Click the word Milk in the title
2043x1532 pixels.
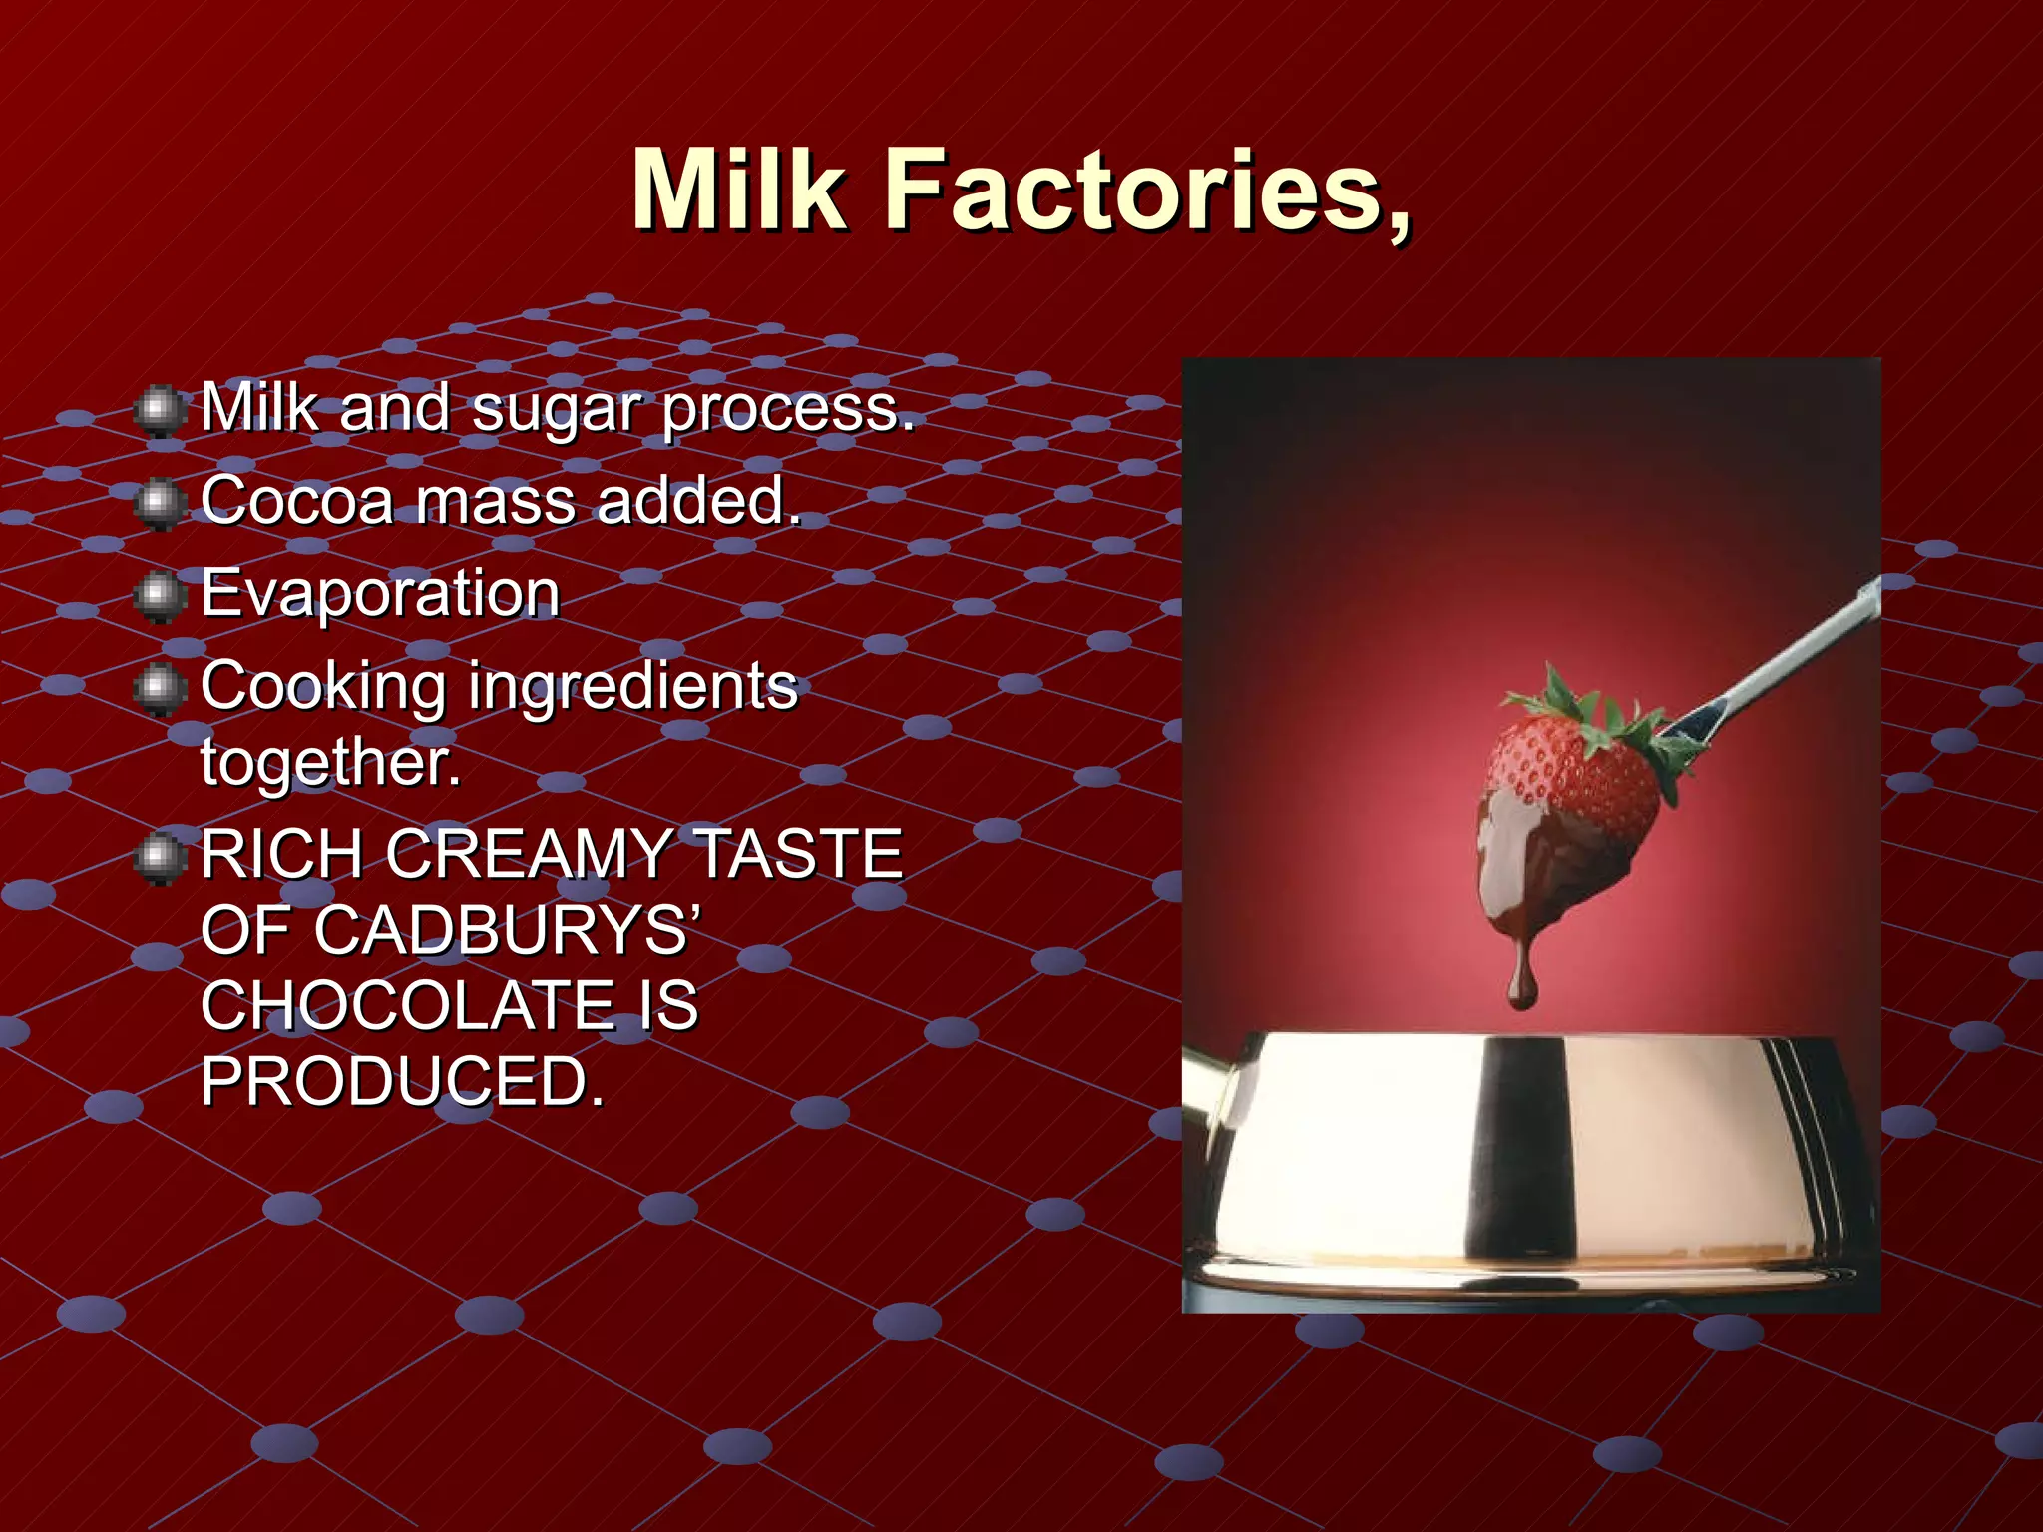pyautogui.click(x=739, y=190)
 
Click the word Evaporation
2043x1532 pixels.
pyautogui.click(x=380, y=593)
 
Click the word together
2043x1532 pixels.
pyautogui.click(x=330, y=762)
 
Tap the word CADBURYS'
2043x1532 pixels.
pyautogui.click(x=509, y=930)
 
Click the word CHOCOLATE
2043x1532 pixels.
pyautogui.click(x=407, y=1005)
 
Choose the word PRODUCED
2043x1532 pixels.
pyautogui.click(x=402, y=1081)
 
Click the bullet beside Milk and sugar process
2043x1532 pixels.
pyautogui.click(x=158, y=411)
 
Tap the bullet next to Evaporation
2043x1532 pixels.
pyautogui.click(x=158, y=595)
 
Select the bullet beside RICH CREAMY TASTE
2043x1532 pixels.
pyautogui.click(x=158, y=857)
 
